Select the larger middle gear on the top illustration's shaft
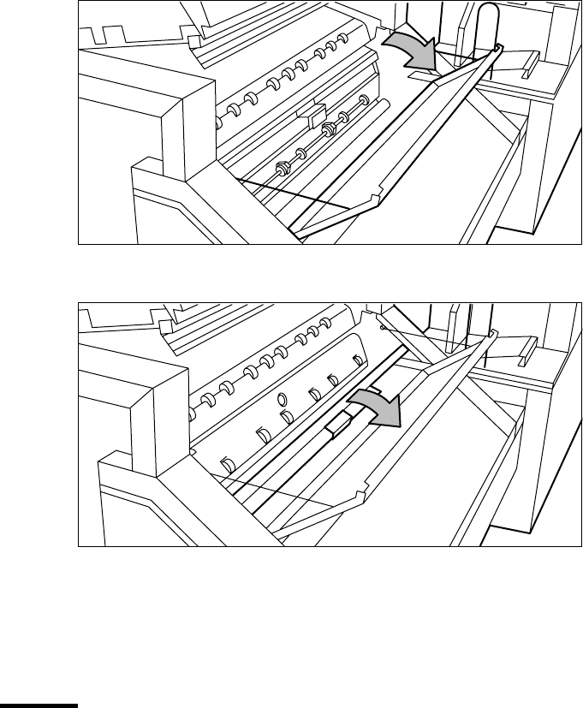[x=330, y=129]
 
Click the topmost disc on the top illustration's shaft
[x=363, y=99]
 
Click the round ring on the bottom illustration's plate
[x=282, y=399]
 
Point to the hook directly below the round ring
[x=286, y=418]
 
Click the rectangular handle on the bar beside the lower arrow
[x=339, y=422]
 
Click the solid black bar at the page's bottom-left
[x=39, y=705]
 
